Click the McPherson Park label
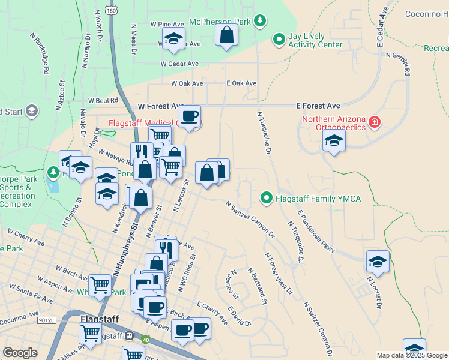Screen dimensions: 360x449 coord(220,22)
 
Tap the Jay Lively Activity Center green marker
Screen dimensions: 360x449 coord(279,40)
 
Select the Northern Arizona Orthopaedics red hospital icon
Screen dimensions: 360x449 coord(375,122)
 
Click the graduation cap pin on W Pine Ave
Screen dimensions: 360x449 coord(173,38)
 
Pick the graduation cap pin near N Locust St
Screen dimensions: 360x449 coord(378,261)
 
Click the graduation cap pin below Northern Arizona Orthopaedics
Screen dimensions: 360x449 coord(333,141)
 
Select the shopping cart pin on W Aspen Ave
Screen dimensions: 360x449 coord(100,284)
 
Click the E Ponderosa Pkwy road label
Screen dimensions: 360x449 coord(316,230)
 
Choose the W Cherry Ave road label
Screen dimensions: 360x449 coord(26,237)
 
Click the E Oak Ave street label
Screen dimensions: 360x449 coord(241,83)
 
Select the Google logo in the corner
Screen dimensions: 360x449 coord(20,353)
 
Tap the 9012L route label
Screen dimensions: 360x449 coord(46,321)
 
